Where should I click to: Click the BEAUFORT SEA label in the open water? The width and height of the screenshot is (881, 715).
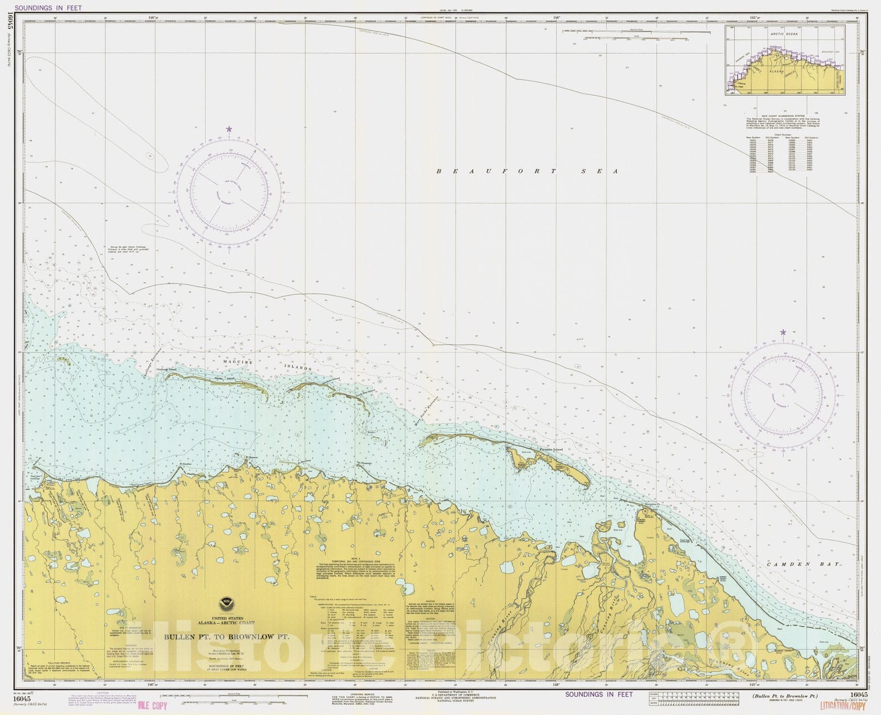pos(527,171)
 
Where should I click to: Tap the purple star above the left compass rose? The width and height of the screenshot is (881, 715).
pos(229,129)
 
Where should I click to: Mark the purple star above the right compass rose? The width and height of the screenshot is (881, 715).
pos(782,333)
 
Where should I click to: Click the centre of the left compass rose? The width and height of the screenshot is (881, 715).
pos(230,193)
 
